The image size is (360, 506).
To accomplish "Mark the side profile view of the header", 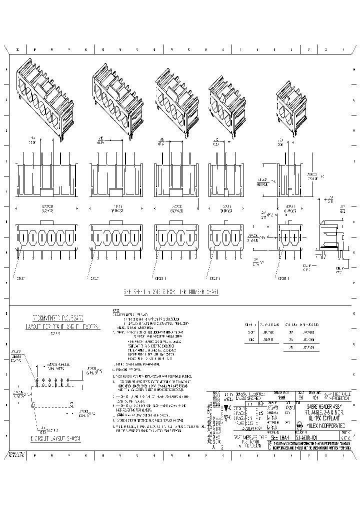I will (330, 234).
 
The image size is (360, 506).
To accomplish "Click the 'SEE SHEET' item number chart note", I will (171, 291).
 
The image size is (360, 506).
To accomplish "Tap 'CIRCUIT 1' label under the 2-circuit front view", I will (284, 277).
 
